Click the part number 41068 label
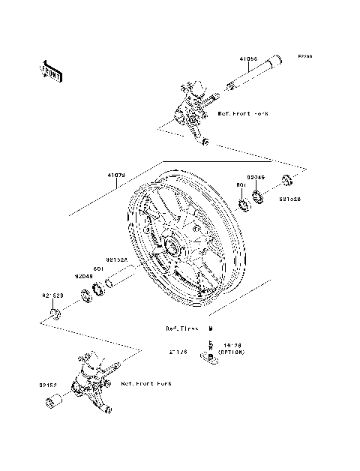pyautogui.click(x=250, y=58)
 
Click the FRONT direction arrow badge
pyautogui.click(x=51, y=71)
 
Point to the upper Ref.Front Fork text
pyautogui.click(x=242, y=114)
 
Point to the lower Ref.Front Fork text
pyautogui.click(x=145, y=383)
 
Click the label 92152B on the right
pyautogui.click(x=290, y=201)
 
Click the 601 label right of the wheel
pyautogui.click(x=242, y=184)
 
